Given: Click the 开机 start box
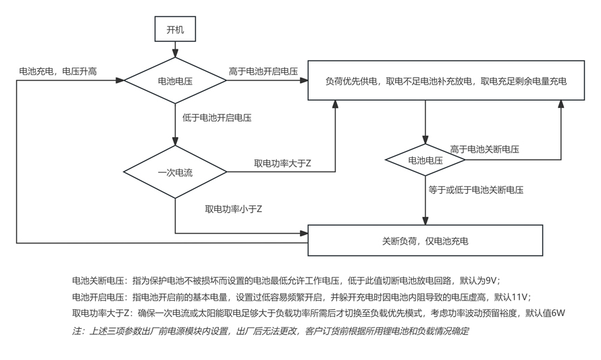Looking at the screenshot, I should (176, 30).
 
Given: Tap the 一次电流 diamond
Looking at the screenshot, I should (176, 172).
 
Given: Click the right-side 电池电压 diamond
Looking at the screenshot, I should (425, 160).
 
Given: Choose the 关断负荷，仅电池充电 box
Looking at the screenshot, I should (425, 240).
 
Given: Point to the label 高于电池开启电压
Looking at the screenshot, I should (263, 71).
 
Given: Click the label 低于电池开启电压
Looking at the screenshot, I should (217, 118).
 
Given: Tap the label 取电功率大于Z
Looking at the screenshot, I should (282, 163).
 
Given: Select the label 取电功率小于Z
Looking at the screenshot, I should (234, 209).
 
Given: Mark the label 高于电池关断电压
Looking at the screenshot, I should (484, 149).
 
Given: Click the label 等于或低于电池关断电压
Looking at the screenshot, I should (476, 190).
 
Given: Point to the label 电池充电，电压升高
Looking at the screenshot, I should (58, 71).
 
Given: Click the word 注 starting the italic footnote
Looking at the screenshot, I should (76, 331).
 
